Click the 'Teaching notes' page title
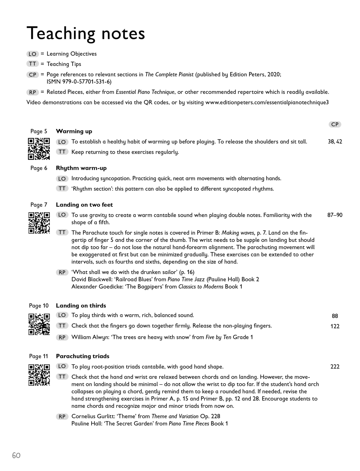pyautogui.click(x=86, y=34)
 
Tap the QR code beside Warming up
pyautogui.click(x=39, y=149)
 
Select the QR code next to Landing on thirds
pyautogui.click(x=39, y=324)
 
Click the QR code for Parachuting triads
pyautogui.click(x=39, y=375)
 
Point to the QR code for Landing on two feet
pyautogui.click(x=39, y=223)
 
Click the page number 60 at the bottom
pyautogui.click(x=16, y=455)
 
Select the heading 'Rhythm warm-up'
pyautogui.click(x=81, y=168)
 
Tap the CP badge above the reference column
pyautogui.click(x=335, y=125)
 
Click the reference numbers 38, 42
pyautogui.click(x=335, y=142)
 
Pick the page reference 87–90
pyautogui.click(x=335, y=215)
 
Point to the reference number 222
pyautogui.click(x=335, y=367)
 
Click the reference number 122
pyautogui.click(x=335, y=326)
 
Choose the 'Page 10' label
pyautogui.click(x=39, y=306)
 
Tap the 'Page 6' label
pyautogui.click(x=39, y=168)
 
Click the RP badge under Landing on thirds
pyautogui.click(x=62, y=337)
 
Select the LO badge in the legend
pyautogui.click(x=33, y=54)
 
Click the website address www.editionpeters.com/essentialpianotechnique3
pyautogui.click(x=267, y=102)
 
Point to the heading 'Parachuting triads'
pyautogui.click(x=82, y=356)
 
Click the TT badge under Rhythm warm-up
pyautogui.click(x=62, y=189)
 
